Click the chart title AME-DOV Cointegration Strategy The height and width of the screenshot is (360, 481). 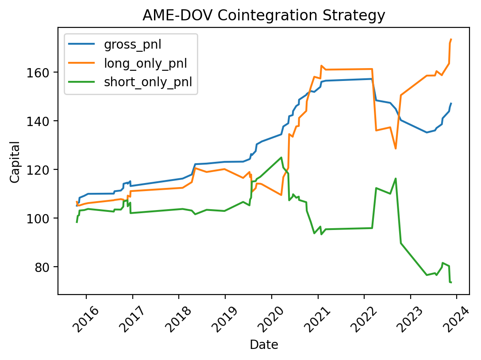point(264,15)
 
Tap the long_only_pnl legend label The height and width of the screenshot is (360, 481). point(145,63)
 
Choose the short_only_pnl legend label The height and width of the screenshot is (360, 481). point(147,82)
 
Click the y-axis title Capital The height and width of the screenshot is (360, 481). point(15,161)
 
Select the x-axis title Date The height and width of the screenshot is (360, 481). point(264,345)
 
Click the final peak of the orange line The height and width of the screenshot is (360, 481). point(451,39)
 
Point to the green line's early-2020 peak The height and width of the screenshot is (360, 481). point(281,157)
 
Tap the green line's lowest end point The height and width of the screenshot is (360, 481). point(451,282)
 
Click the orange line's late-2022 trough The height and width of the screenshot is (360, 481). point(396,148)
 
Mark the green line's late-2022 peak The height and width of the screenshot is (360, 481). point(396,178)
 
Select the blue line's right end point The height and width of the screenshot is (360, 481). point(451,103)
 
